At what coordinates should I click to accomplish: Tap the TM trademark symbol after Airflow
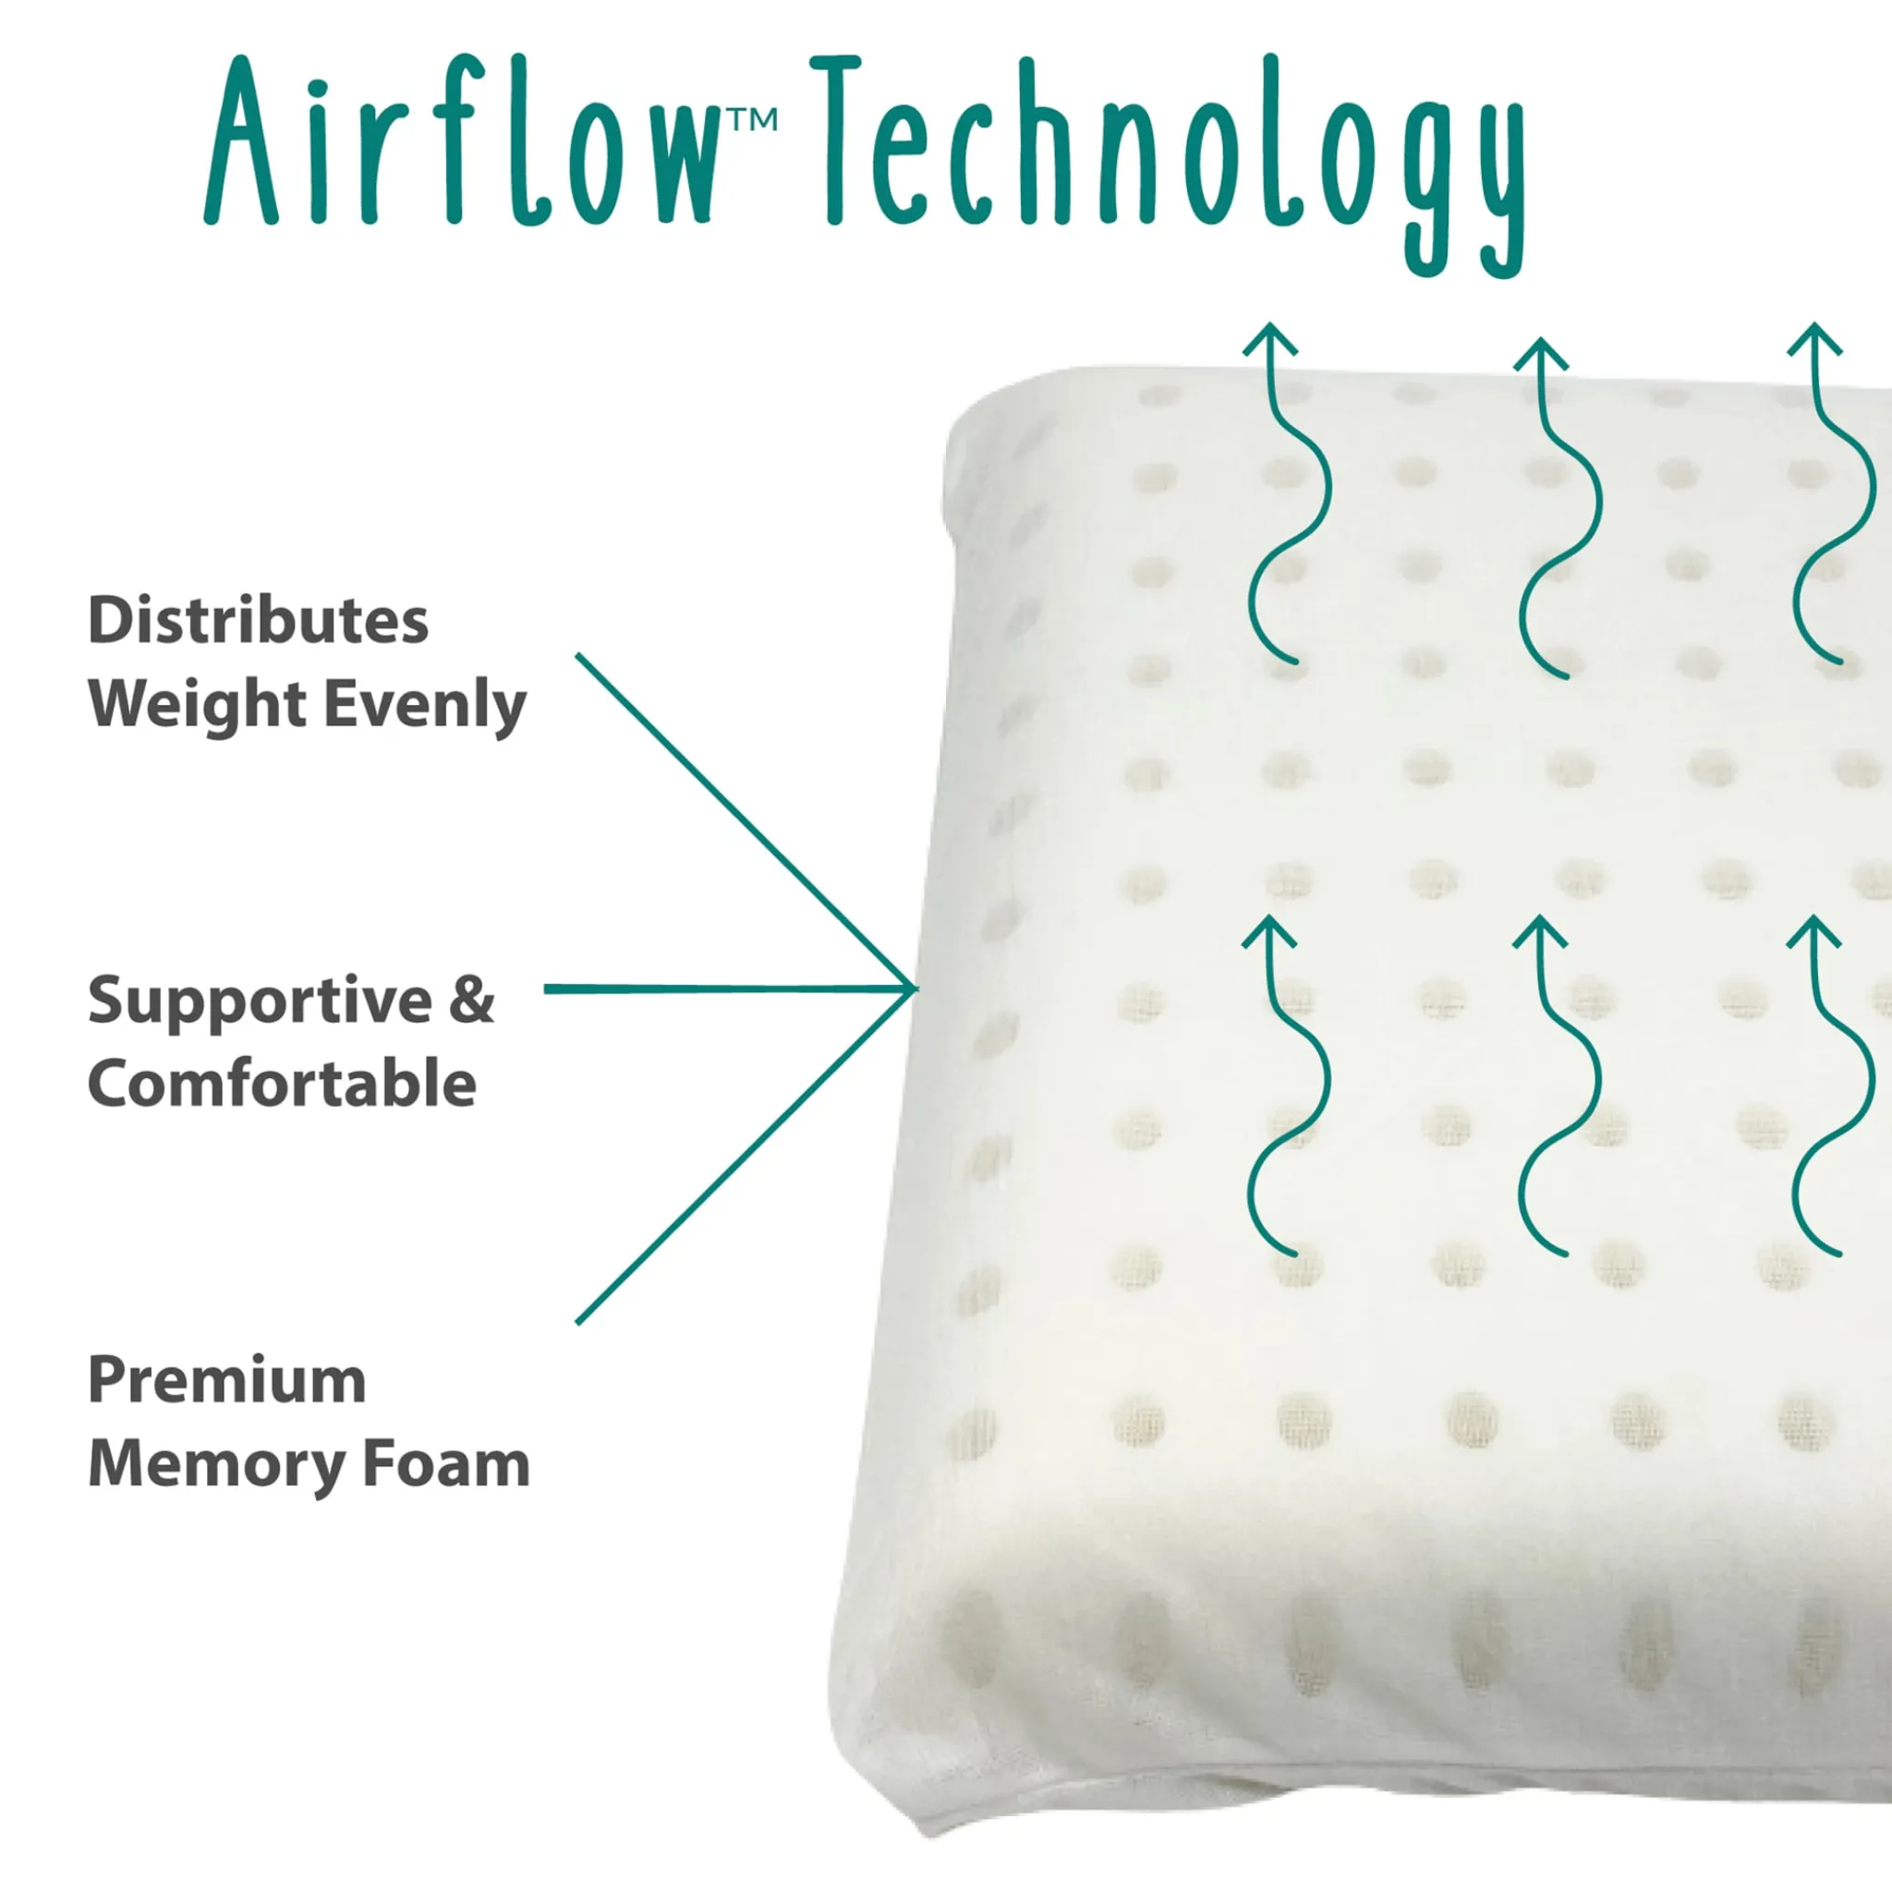pos(751,119)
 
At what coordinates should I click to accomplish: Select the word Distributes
pos(259,621)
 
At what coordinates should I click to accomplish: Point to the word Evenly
pos(425,705)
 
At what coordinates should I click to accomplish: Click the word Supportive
pos(260,1001)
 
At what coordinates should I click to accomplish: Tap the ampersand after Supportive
pos(473,1000)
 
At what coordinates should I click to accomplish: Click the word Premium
pos(227,1381)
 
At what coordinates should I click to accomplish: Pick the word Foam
pos(446,1464)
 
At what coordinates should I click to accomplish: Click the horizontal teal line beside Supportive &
pos(730,989)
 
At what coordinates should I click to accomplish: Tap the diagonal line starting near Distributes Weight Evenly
pos(746,820)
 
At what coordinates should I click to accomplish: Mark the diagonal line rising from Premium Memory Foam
pos(746,1157)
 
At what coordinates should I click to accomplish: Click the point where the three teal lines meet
pos(915,989)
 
